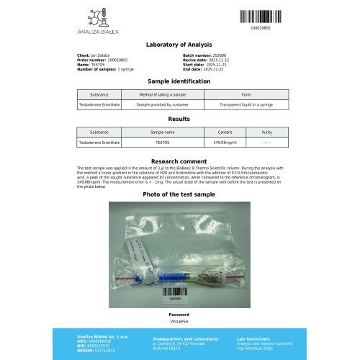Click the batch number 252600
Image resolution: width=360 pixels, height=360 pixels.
[x=213, y=55]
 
